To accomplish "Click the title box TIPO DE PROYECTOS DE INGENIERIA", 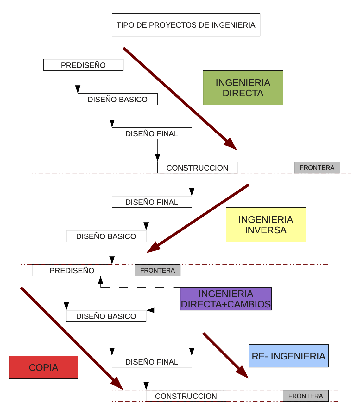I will [186, 25].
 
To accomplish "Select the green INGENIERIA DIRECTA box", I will [243, 88].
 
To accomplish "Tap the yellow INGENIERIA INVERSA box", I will [266, 225].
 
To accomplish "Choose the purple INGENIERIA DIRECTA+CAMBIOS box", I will [226, 299].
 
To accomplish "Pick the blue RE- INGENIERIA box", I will [288, 356].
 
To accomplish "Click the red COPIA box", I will [43, 367].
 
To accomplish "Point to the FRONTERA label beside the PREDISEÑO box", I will [157, 270].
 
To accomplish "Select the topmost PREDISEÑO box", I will [83, 65].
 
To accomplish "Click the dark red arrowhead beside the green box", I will [231, 145].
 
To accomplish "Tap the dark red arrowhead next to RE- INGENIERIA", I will [243, 372].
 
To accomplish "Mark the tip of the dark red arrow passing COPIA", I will [122, 388].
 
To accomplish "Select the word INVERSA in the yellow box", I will [266, 230].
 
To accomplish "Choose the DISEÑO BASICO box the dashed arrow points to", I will [106, 316].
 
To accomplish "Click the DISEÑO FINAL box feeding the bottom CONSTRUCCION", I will [152, 362].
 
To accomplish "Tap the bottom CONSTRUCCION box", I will [186, 396].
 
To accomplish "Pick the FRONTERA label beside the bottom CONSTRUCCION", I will [306, 396].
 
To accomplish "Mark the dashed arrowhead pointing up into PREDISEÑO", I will [101, 280].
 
